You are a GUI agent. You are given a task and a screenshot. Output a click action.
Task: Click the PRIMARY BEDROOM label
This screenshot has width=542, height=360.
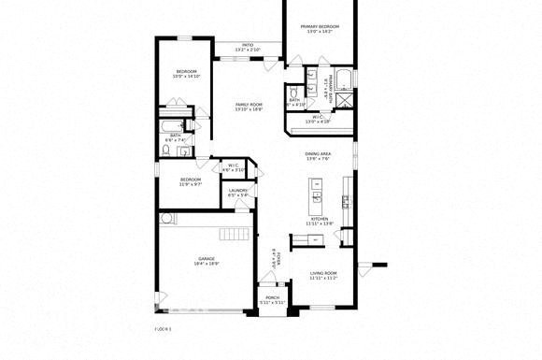[x=320, y=26]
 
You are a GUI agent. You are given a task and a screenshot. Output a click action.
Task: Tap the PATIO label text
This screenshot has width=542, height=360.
[x=248, y=44]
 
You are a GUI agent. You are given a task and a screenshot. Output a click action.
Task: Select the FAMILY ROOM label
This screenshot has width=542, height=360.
[x=248, y=104]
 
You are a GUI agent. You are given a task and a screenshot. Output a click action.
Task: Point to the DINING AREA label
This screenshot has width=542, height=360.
[x=319, y=153]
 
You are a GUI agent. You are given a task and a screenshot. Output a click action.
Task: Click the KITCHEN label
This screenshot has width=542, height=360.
[x=320, y=219]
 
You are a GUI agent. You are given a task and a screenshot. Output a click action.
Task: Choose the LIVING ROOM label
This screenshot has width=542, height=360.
[x=322, y=272]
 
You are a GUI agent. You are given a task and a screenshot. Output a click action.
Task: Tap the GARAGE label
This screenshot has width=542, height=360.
[x=207, y=258]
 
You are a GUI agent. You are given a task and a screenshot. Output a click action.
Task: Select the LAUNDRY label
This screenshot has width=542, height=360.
[x=237, y=191]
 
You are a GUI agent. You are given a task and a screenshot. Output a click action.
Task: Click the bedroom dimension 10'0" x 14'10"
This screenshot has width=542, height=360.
[x=187, y=77]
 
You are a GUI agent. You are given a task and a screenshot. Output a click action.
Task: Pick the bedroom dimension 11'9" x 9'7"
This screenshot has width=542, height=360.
[x=191, y=184]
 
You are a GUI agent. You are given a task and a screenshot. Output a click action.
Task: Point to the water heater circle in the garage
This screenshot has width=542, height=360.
[x=166, y=219]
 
